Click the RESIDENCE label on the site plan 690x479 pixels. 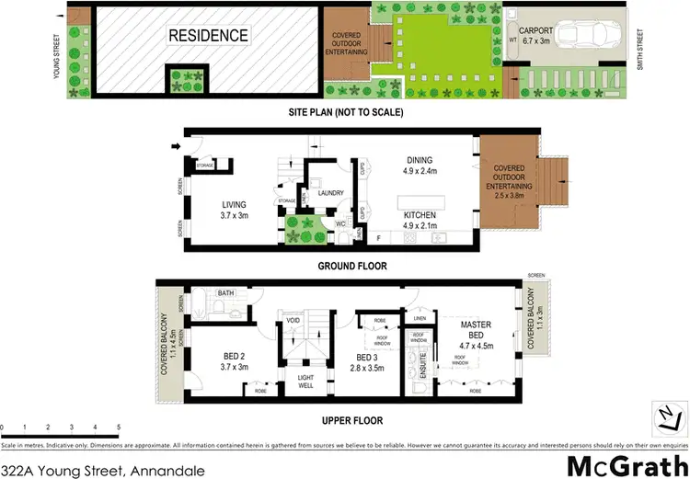pos(208,36)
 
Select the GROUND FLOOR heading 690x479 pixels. pos(351,266)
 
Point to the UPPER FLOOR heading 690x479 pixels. pos(351,420)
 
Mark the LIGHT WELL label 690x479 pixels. pos(306,380)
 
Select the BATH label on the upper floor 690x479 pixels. pos(226,293)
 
